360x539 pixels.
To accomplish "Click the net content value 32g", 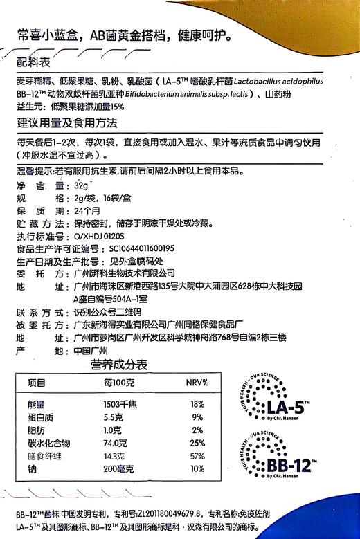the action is [x=83, y=187].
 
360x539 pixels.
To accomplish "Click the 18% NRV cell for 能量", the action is [x=195, y=404].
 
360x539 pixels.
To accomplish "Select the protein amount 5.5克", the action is [x=114, y=417].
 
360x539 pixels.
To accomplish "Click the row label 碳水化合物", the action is [x=50, y=443].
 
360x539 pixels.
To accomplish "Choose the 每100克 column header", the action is [x=117, y=383].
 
